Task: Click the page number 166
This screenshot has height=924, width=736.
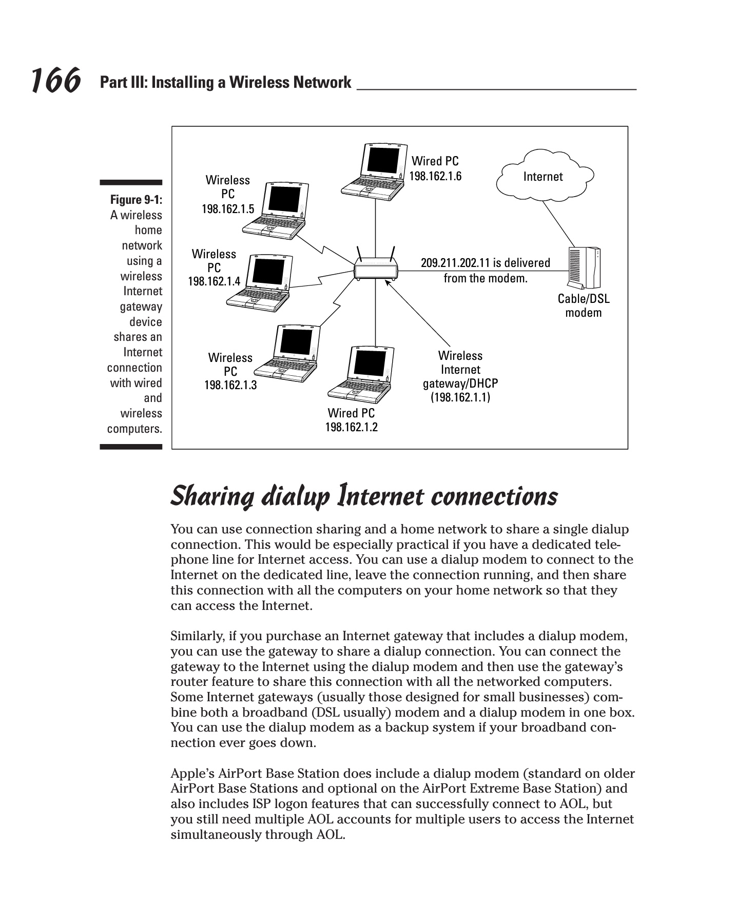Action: [55, 81]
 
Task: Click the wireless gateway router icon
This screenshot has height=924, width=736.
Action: [375, 268]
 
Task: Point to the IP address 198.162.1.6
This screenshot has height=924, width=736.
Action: [435, 177]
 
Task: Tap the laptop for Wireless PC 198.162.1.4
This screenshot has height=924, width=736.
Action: [261, 283]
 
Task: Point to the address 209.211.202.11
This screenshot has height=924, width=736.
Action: [455, 263]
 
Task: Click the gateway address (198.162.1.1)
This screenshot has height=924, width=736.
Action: [460, 397]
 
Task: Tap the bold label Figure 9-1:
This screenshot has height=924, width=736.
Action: [136, 200]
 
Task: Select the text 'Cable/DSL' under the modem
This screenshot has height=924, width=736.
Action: [584, 299]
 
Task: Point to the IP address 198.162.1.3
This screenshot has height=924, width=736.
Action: [230, 385]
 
